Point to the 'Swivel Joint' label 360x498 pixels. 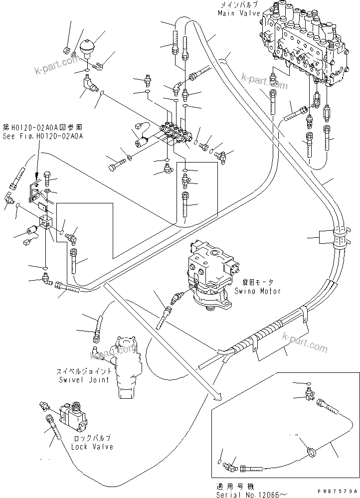pos(83,380)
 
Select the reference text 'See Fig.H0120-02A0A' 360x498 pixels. pos(42,135)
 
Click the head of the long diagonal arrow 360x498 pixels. pos(218,396)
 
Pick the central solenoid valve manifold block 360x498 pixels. pos(174,134)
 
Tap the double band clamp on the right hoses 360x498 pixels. pos(340,238)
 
